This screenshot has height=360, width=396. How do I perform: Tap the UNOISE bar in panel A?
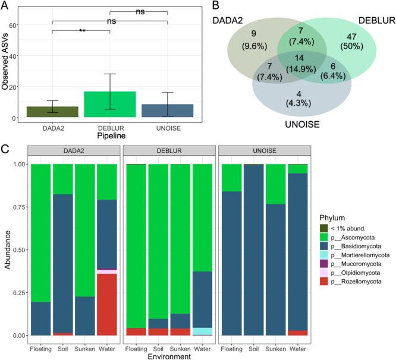coord(168,110)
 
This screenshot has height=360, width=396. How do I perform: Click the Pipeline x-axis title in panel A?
coord(110,135)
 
